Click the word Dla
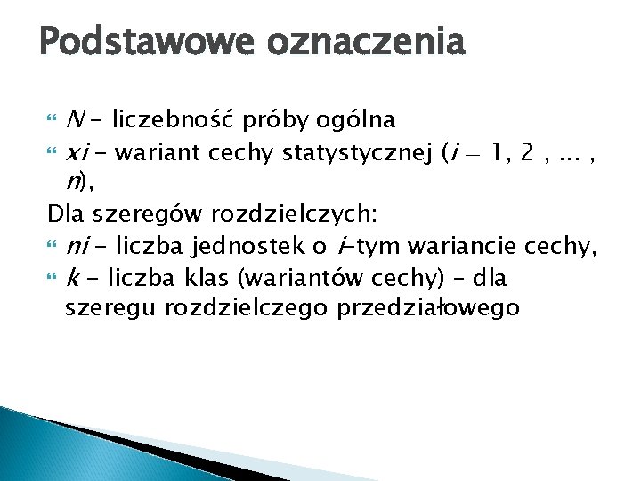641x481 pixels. [x=64, y=215]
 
